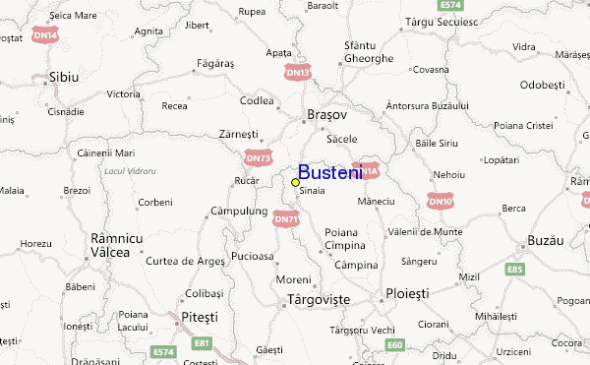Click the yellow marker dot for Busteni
pyautogui.click(x=295, y=182)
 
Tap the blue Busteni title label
pyautogui.click(x=330, y=171)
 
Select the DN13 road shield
pyautogui.click(x=298, y=73)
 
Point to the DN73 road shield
pyautogui.click(x=259, y=156)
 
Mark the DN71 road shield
pyautogui.click(x=286, y=218)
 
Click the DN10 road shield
pyautogui.click(x=441, y=201)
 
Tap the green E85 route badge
pyautogui.click(x=514, y=268)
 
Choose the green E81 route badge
pyautogui.click(x=202, y=342)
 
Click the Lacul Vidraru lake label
pyautogui.click(x=130, y=170)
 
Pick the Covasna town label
pyautogui.click(x=430, y=70)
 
